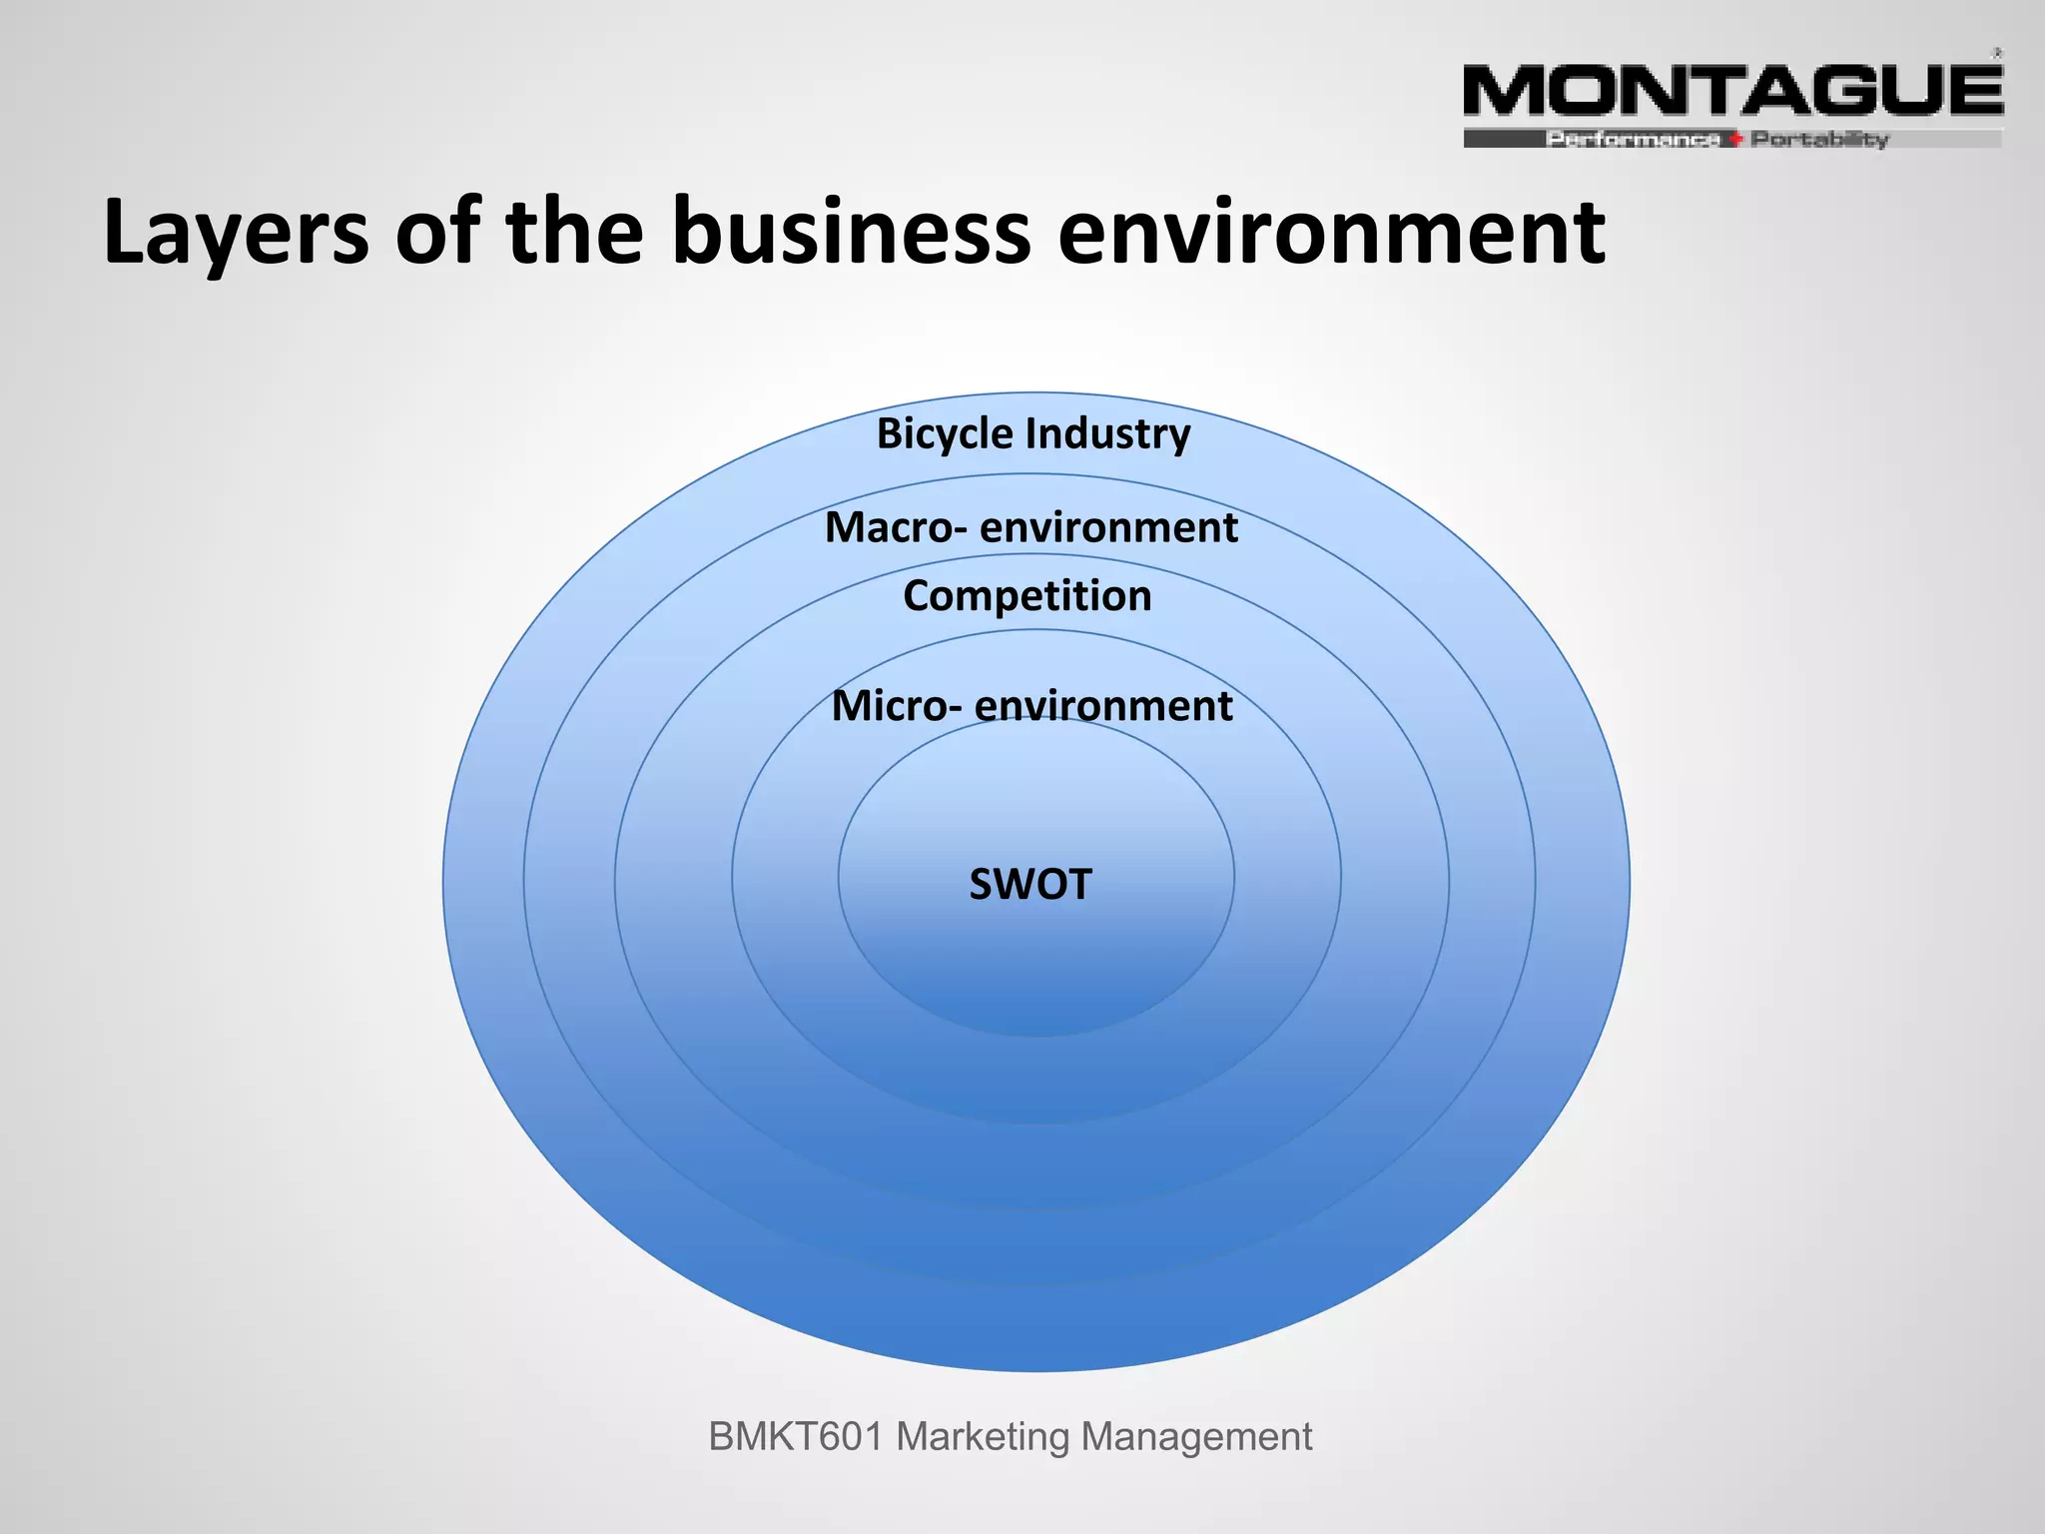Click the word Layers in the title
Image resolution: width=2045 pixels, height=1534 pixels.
[236, 233]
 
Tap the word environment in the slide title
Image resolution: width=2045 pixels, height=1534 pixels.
[1331, 233]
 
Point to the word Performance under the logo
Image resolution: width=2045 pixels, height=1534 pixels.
[1633, 140]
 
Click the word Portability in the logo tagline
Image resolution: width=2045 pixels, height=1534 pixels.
[1819, 140]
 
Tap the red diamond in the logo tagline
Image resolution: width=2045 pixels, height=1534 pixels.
[1735, 140]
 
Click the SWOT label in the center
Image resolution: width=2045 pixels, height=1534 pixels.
[1030, 885]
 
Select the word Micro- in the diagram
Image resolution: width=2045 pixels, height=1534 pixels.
[897, 706]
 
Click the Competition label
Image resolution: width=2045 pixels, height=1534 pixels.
[1027, 596]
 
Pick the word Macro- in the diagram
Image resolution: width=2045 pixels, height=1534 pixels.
[895, 527]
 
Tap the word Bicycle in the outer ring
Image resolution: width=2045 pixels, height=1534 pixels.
[944, 434]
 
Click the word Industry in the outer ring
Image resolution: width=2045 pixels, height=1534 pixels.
[1108, 434]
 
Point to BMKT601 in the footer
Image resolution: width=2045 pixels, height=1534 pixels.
[795, 1437]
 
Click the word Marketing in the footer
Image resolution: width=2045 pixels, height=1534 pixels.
[983, 1437]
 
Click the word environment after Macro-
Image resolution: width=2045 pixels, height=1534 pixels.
[1108, 527]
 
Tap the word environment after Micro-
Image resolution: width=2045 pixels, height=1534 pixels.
[1103, 706]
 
